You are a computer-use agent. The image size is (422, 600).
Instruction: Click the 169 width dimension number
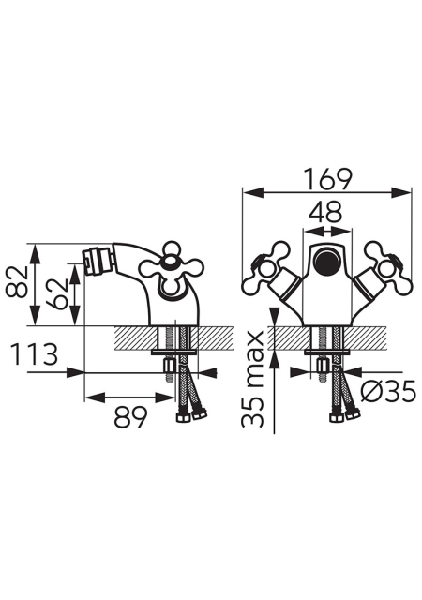tap(327, 178)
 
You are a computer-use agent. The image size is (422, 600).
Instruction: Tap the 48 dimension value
tap(325, 212)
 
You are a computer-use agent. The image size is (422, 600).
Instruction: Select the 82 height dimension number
tap(17, 282)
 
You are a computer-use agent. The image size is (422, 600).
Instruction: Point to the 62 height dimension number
tap(56, 293)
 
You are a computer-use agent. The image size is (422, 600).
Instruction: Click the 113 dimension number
tap(35, 354)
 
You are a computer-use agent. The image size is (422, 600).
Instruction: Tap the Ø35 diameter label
tap(388, 392)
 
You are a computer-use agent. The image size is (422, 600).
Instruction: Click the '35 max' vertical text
tap(253, 379)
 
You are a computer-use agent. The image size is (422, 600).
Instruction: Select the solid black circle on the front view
tap(326, 260)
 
